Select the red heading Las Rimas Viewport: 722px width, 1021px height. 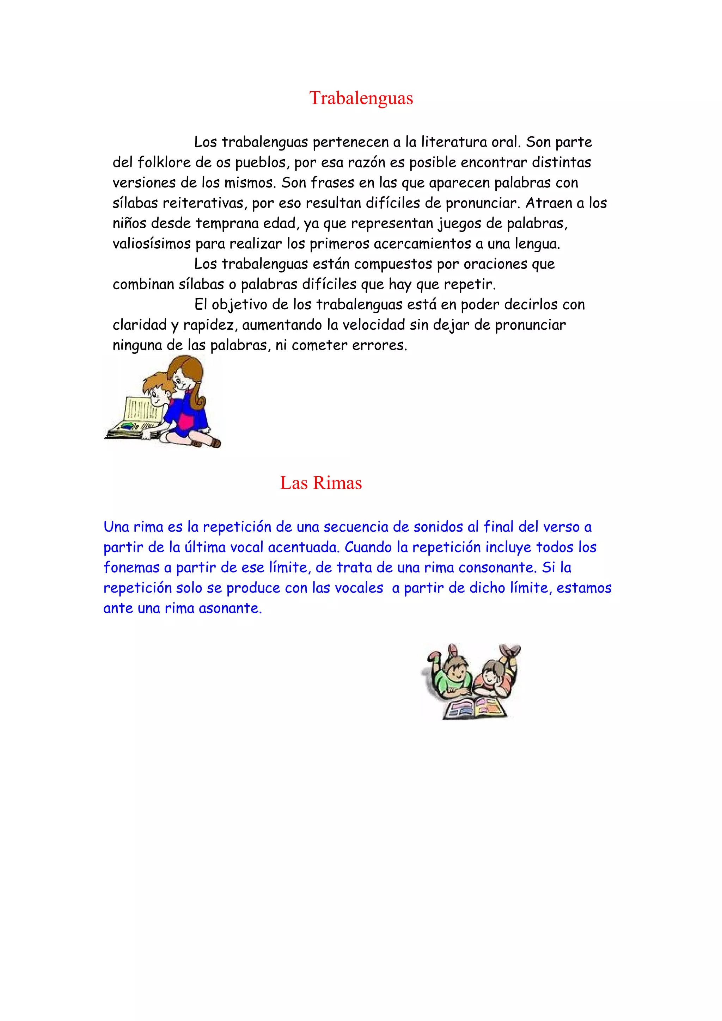coord(321,483)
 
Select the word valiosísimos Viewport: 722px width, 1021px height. coord(152,244)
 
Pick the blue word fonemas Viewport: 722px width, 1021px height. coord(131,568)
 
